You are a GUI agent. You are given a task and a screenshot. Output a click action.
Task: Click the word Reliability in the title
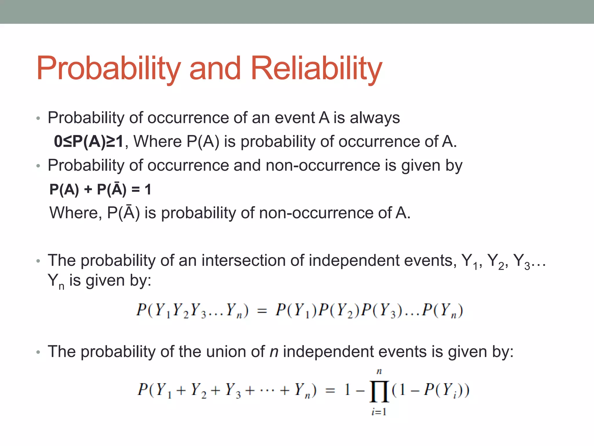click(316, 69)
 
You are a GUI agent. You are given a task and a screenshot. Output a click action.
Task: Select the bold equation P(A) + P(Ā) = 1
click(100, 189)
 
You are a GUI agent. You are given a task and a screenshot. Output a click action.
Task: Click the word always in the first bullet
click(375, 118)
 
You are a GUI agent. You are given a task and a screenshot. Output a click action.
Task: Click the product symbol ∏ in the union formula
click(379, 391)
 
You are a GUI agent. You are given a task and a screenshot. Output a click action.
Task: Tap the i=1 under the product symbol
click(379, 412)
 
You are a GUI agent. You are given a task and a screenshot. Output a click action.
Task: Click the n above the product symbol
click(379, 371)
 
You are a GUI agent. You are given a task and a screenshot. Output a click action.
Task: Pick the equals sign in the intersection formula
click(262, 311)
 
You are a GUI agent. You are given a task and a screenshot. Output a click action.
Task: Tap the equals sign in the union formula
click(330, 391)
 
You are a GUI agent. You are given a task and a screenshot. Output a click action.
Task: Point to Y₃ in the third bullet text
click(521, 261)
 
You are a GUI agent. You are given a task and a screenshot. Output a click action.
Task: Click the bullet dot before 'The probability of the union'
click(38, 352)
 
